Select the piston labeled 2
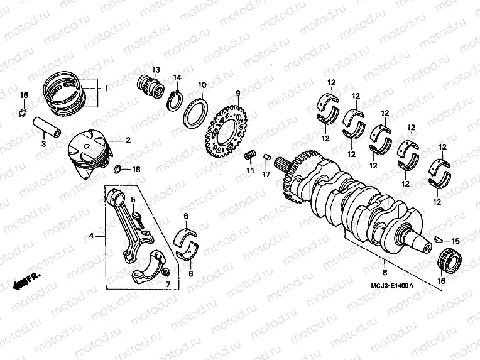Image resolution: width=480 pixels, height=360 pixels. pyautogui.click(x=89, y=152)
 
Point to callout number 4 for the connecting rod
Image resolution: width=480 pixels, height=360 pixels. pyautogui.click(x=92, y=236)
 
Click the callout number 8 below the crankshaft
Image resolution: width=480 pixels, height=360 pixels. pyautogui.click(x=384, y=273)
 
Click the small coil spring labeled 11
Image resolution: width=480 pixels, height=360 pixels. pyautogui.click(x=250, y=155)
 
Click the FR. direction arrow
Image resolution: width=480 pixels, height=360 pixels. pyautogui.click(x=23, y=279)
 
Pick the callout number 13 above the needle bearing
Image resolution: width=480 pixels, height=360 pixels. pyautogui.click(x=155, y=69)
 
